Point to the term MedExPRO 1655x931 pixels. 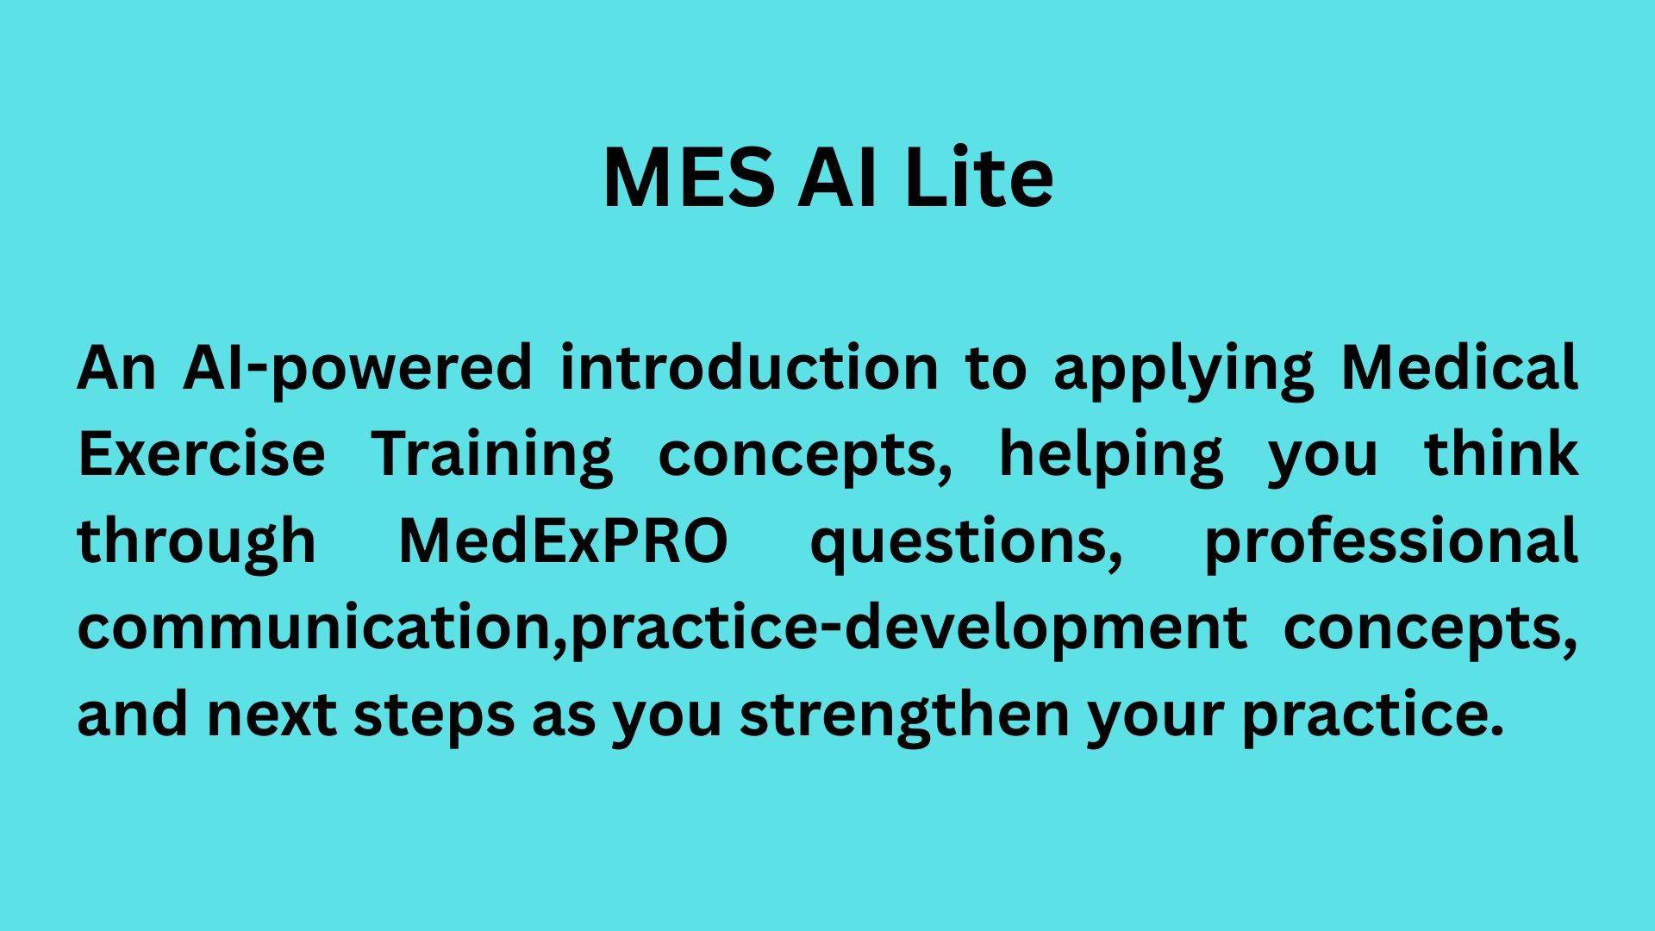(x=564, y=540)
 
